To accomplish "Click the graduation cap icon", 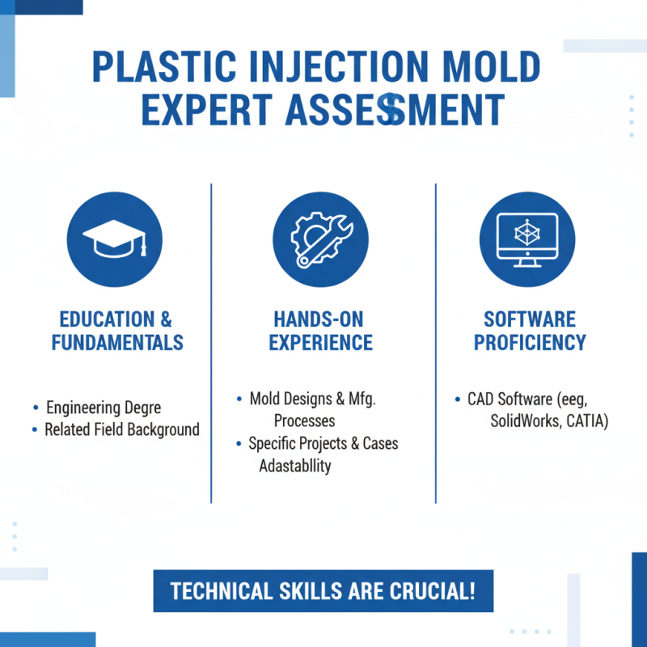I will point(114,240).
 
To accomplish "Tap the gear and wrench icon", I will point(320,240).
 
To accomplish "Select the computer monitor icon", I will point(527,240).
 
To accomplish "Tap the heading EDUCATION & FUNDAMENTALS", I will point(117,331).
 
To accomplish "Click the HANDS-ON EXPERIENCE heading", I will point(320,331).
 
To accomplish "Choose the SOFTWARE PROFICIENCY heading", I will point(530,331).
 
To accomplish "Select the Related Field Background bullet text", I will point(121,429).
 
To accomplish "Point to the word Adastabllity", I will point(294,466).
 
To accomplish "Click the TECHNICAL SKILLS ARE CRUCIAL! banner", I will point(323,591).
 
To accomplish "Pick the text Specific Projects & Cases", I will point(323,443).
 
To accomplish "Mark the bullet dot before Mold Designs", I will point(240,400).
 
